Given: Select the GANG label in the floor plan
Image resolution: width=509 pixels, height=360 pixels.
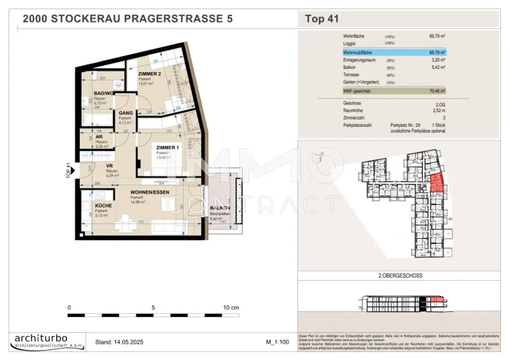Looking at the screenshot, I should pyautogui.click(x=125, y=113).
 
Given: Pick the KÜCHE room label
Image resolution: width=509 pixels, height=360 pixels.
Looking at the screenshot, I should pyautogui.click(x=103, y=205).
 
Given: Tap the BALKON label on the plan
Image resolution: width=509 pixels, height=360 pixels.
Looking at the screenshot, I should pyautogui.click(x=219, y=208).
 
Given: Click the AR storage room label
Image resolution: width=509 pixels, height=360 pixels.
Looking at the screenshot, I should pyautogui.click(x=99, y=137).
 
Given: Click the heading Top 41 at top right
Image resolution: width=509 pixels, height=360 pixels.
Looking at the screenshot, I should pyautogui.click(x=322, y=19).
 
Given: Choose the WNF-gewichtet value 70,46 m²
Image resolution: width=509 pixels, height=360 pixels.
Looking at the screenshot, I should pyautogui.click(x=437, y=91).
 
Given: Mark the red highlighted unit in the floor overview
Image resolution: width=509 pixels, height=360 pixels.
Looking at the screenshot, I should pyautogui.click(x=436, y=183).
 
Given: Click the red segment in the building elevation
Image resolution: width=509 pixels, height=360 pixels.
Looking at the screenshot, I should pyautogui.click(x=435, y=299).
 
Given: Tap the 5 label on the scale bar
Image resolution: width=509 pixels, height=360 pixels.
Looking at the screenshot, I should pyautogui.click(x=154, y=307).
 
